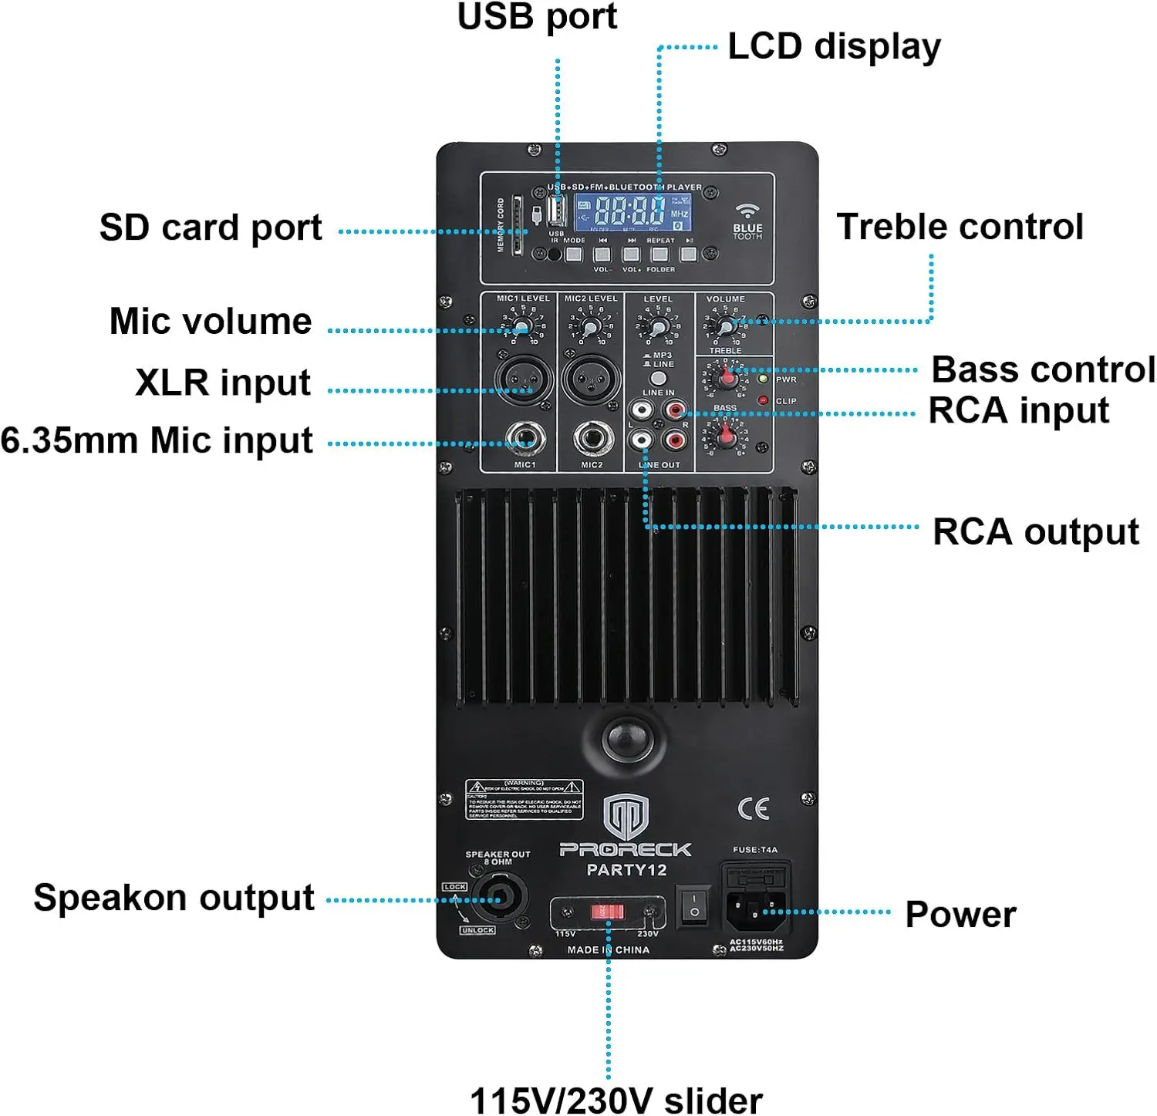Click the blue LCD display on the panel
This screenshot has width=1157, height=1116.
click(632, 211)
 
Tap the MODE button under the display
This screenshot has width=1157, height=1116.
click(574, 254)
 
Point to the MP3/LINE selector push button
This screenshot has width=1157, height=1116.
click(658, 378)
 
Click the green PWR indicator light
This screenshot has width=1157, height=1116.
click(764, 379)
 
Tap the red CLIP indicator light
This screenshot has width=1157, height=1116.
click(763, 400)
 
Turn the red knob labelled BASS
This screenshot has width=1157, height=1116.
click(726, 437)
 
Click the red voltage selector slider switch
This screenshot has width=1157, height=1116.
click(607, 912)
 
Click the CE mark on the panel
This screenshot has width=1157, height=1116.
click(754, 808)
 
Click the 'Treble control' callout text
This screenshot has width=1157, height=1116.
click(960, 227)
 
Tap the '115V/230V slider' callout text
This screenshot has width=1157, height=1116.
click(616, 1099)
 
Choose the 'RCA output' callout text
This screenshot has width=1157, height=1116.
click(1035, 532)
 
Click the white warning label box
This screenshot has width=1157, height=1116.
click(525, 800)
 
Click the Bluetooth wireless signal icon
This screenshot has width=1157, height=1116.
click(747, 210)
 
